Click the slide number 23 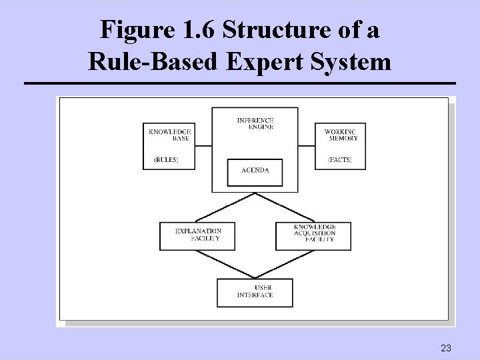[x=446, y=348]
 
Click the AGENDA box [x=255, y=171]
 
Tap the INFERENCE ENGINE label [x=255, y=123]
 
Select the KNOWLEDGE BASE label [x=169, y=135]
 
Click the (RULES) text [x=166, y=160]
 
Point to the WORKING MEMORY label [x=341, y=135]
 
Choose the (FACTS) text [x=339, y=160]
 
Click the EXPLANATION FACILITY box [x=197, y=235]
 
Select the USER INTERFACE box [x=255, y=292]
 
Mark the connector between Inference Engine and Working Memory [x=306, y=145]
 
